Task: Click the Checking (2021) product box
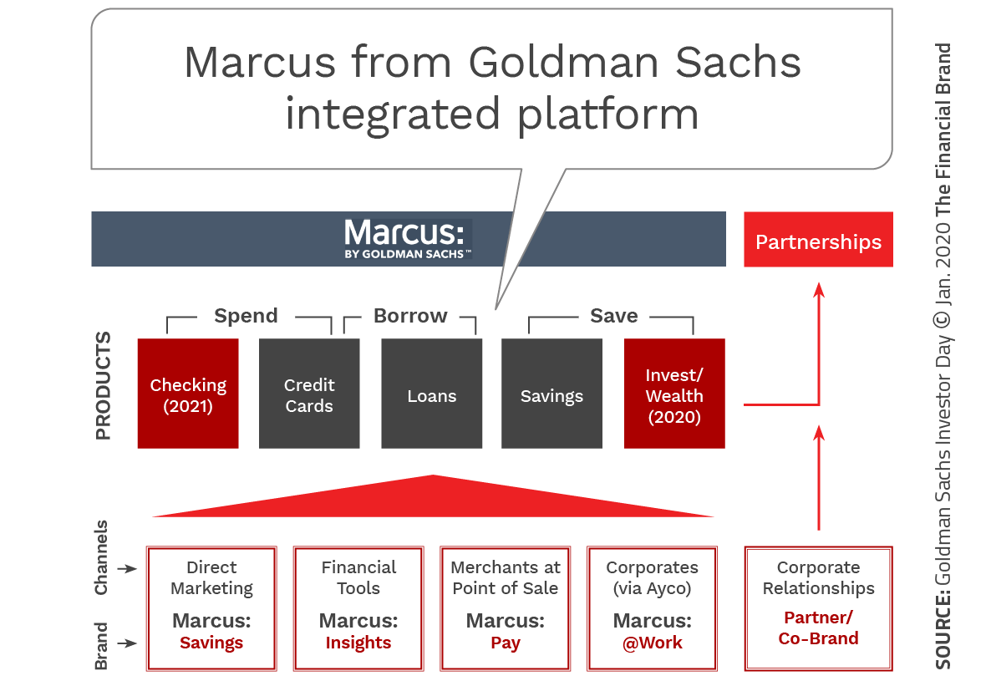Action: tap(188, 394)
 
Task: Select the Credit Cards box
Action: tap(309, 394)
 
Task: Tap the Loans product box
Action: tap(431, 394)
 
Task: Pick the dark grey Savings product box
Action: tap(551, 394)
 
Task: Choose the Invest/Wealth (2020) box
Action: tap(674, 394)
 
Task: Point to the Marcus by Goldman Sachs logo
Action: tap(408, 239)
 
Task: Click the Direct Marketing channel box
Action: tap(211, 607)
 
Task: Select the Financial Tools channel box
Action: tap(358, 607)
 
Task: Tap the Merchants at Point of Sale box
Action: tap(506, 607)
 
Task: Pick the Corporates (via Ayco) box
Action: tap(652, 607)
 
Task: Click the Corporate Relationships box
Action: tap(818, 607)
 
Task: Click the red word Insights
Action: tap(358, 643)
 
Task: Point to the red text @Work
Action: tap(652, 643)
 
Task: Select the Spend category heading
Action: tap(246, 316)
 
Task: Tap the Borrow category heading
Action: tap(410, 316)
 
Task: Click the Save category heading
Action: tap(613, 316)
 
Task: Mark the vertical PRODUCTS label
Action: tap(103, 386)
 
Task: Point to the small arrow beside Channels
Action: tap(126, 569)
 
